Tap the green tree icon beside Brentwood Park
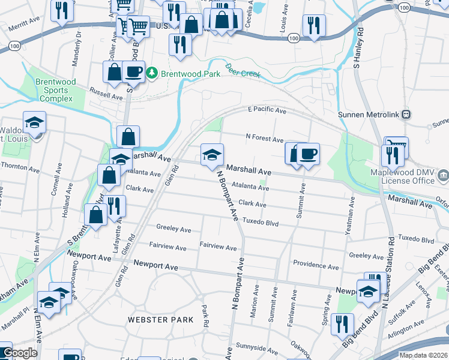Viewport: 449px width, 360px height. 152,73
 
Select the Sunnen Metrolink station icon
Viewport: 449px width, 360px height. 406,113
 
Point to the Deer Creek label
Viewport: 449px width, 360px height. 242,70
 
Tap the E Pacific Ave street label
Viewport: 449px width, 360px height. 267,111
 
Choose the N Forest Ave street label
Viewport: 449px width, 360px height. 264,139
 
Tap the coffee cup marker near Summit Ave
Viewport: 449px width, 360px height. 308,154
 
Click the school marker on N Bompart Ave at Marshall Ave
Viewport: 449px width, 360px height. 211,154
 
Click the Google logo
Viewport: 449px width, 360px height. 20,353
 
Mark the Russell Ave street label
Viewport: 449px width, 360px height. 106,95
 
